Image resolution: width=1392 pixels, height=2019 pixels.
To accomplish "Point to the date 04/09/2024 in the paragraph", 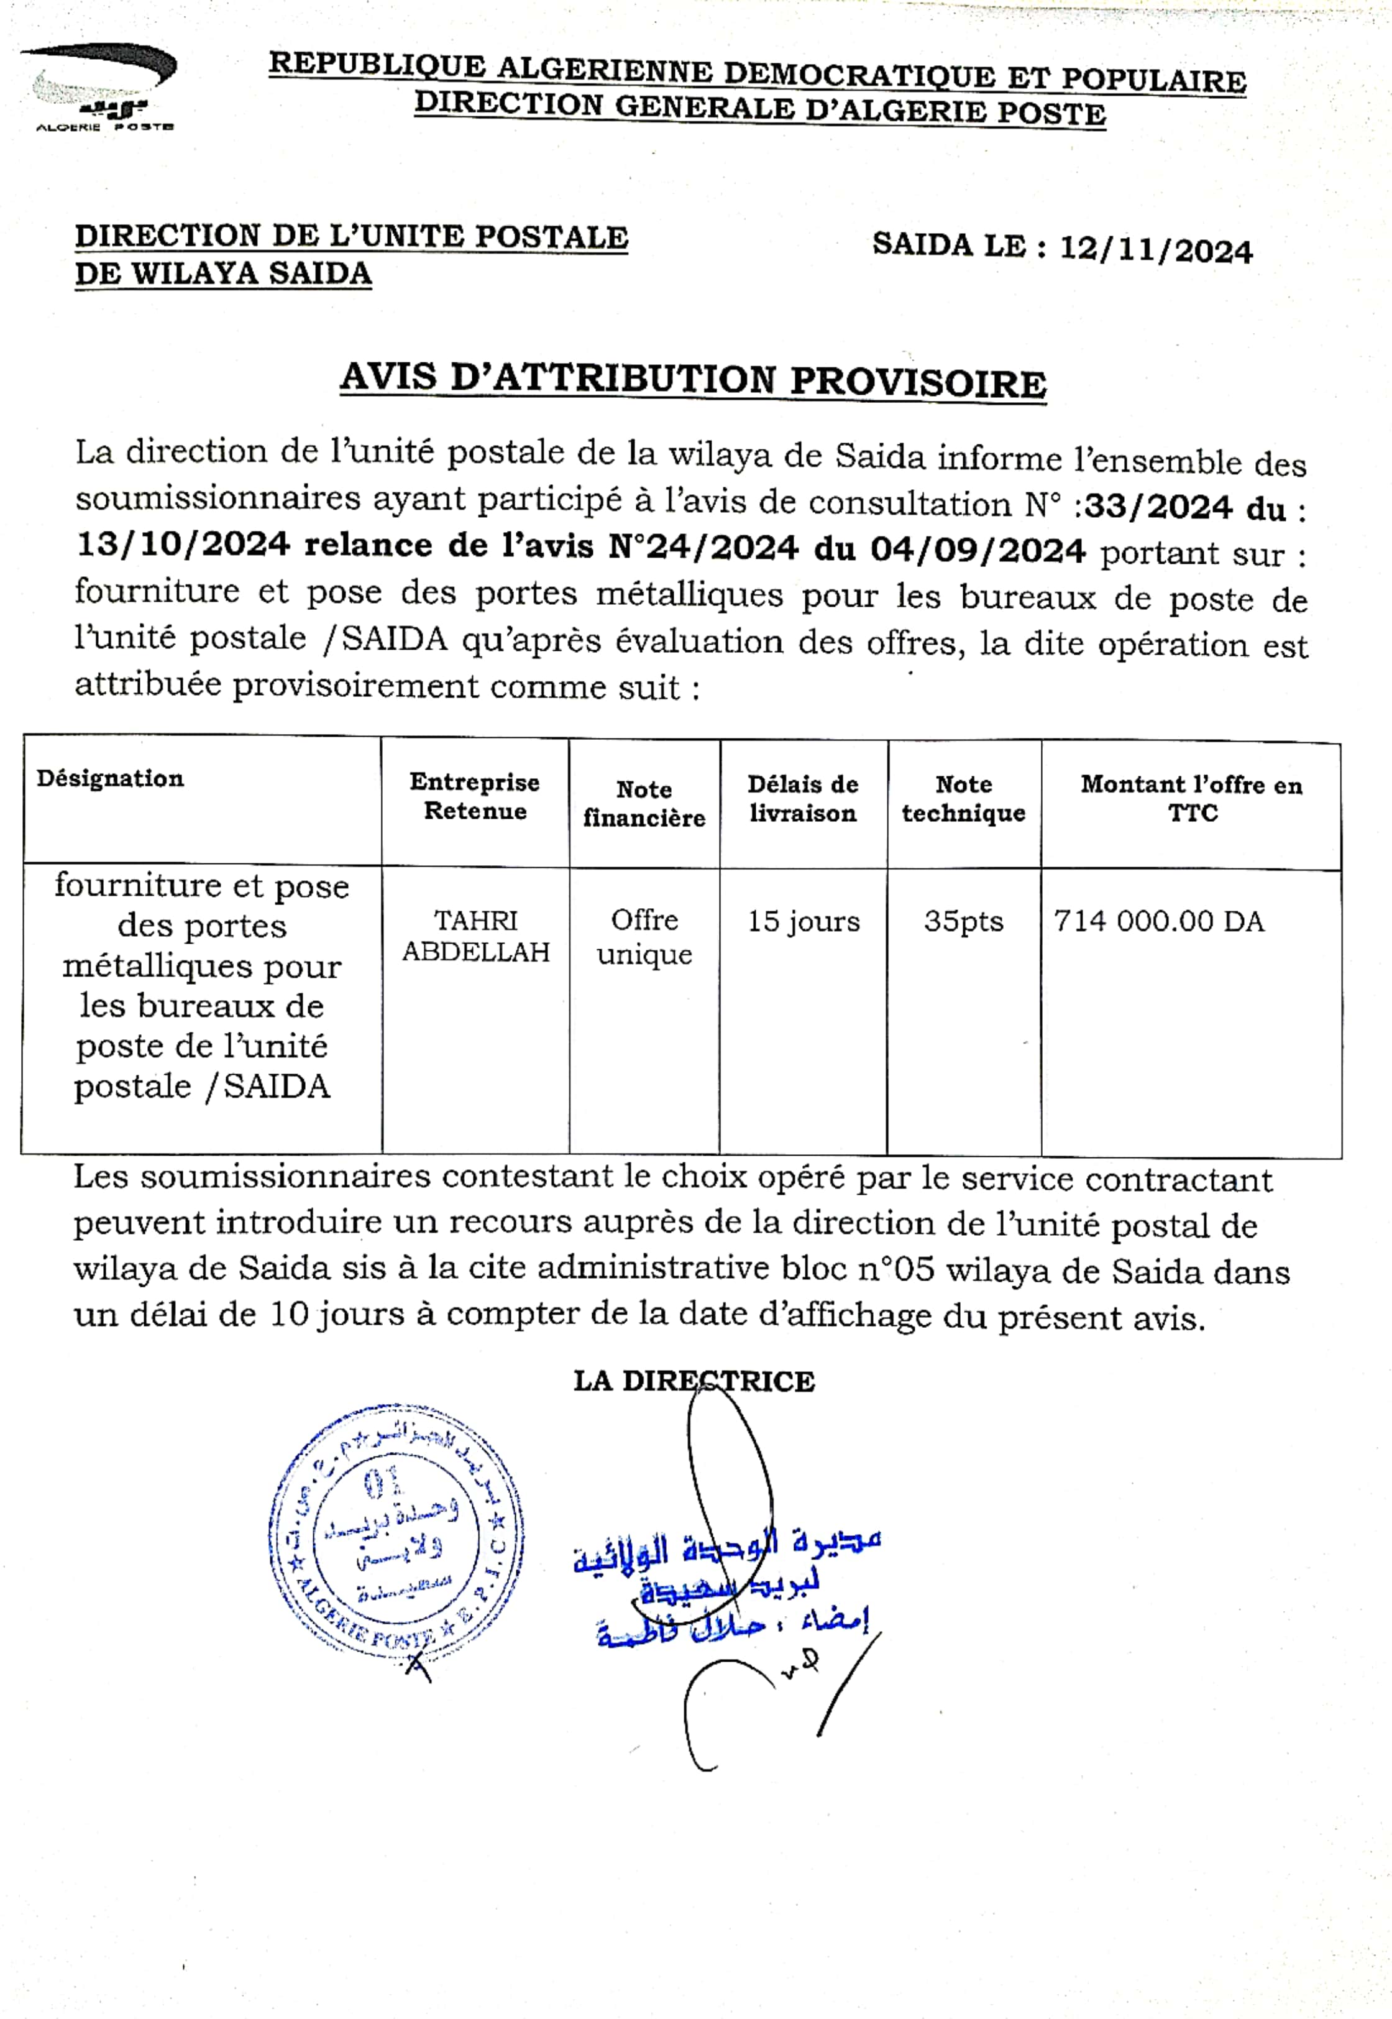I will pyautogui.click(x=978, y=550).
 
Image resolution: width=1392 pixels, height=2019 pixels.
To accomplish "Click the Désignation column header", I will pyautogui.click(x=110, y=778).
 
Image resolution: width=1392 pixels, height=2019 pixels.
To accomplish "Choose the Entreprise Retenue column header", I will pyautogui.click(x=475, y=796).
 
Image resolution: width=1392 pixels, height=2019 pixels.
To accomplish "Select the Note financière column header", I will pyautogui.click(x=644, y=803).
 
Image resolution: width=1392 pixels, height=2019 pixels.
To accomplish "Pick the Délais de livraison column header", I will pyautogui.click(x=802, y=798).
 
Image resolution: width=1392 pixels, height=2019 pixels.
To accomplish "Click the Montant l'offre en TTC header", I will pyautogui.click(x=1191, y=798).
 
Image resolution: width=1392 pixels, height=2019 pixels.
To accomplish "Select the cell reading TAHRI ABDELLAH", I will pyautogui.click(x=475, y=936).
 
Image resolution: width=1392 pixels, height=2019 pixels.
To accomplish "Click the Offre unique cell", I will pyautogui.click(x=644, y=936).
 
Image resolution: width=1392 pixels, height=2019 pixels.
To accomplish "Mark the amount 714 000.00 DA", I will pyautogui.click(x=1158, y=921).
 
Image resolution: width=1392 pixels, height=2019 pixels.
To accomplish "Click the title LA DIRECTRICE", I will pyautogui.click(x=694, y=1381).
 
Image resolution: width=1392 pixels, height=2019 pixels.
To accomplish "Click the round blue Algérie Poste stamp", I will pyautogui.click(x=397, y=1539).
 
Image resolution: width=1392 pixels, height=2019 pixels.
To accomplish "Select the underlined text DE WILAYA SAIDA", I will pyautogui.click(x=223, y=274).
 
